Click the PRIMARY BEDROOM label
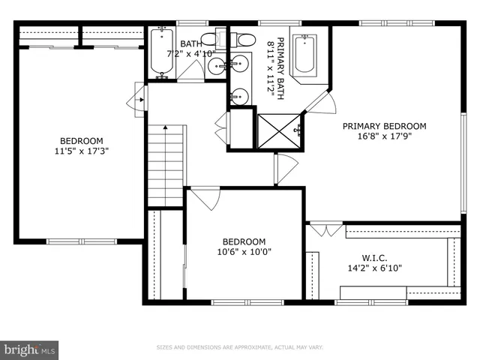coord(384,126)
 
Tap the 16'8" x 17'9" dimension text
coord(384,136)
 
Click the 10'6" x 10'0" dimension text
coord(244,252)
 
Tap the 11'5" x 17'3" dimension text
coord(82,151)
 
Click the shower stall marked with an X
coord(280,130)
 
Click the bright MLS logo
coord(30,349)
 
